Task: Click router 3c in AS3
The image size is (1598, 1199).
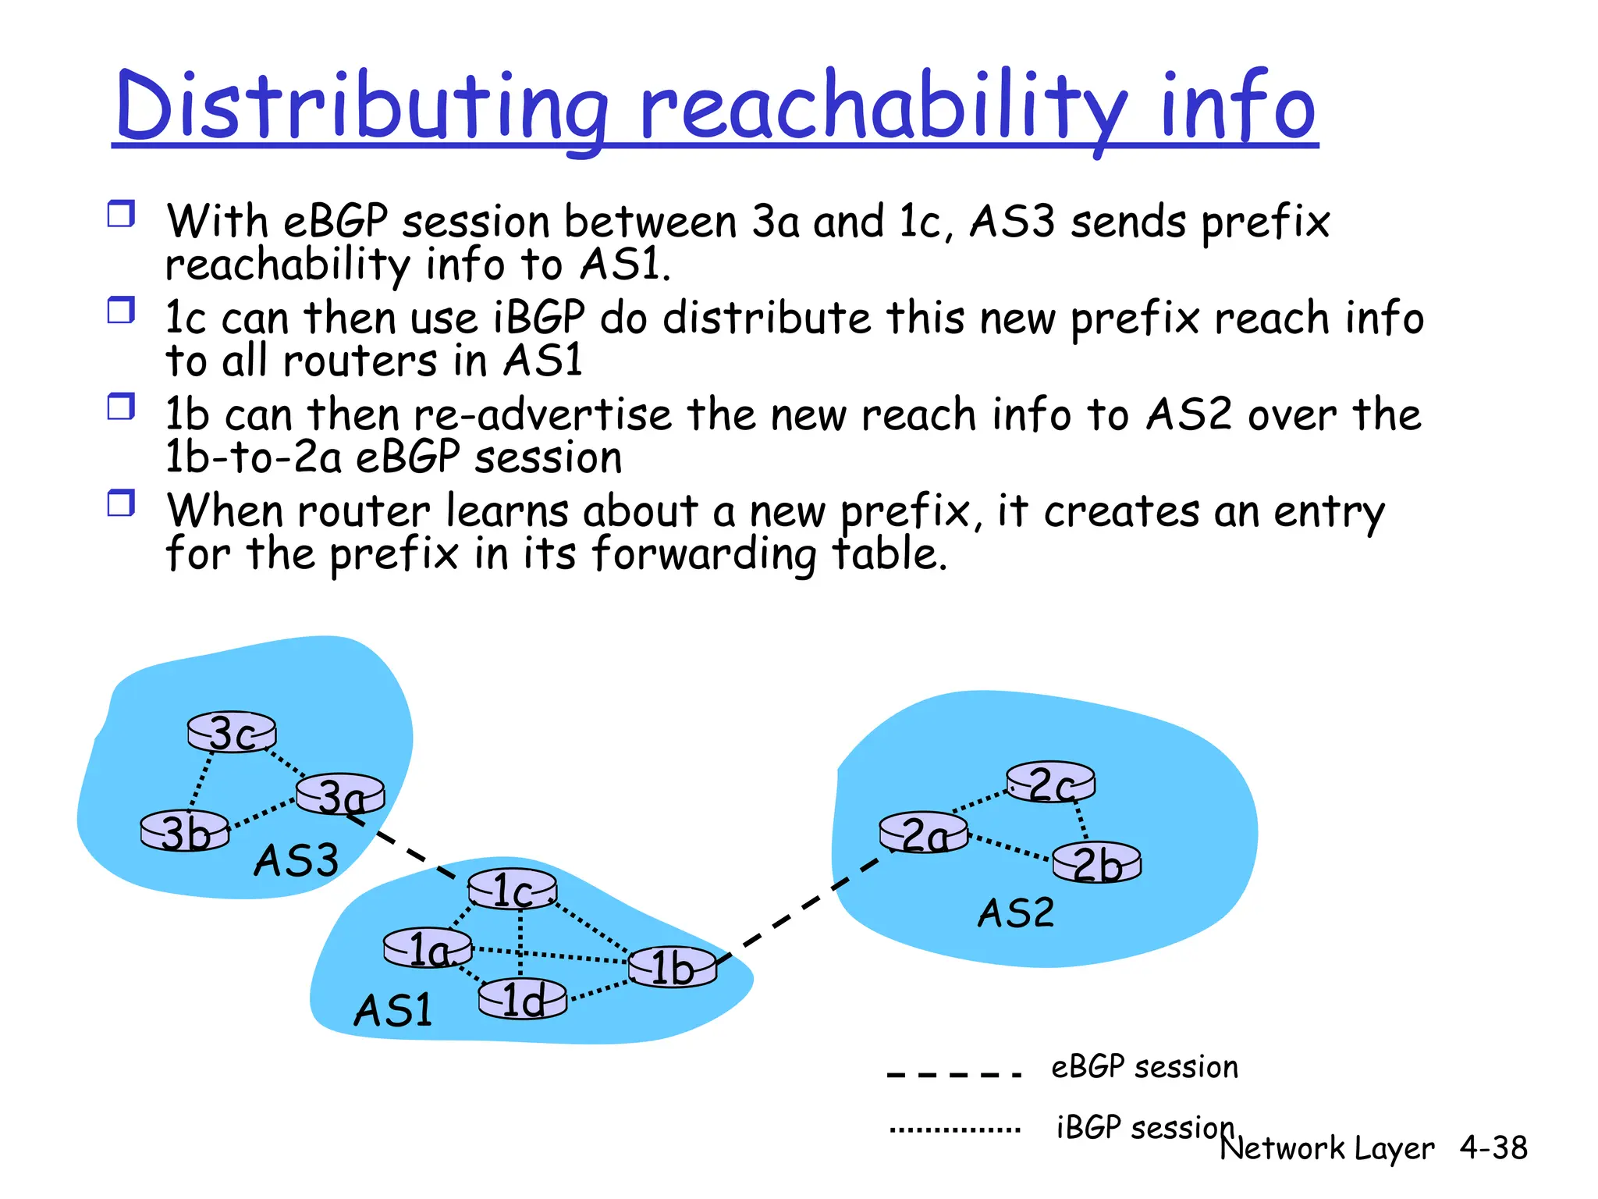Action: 232,732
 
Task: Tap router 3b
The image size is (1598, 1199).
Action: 185,831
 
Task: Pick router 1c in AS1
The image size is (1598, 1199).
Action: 513,890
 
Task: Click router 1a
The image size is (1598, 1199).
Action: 428,948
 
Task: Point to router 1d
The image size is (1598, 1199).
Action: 522,999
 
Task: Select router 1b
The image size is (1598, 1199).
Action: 672,967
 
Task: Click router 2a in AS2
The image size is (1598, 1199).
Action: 923,834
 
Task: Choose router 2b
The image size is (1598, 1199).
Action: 1096,863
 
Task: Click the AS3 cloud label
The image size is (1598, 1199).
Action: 296,860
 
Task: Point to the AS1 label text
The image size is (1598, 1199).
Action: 392,1010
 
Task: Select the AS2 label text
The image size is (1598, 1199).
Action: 1015,913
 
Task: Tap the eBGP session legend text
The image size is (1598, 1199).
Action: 1144,1067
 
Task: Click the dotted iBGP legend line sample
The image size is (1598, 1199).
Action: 954,1129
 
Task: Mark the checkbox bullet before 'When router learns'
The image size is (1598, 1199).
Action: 121,503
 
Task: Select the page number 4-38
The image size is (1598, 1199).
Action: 1493,1147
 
